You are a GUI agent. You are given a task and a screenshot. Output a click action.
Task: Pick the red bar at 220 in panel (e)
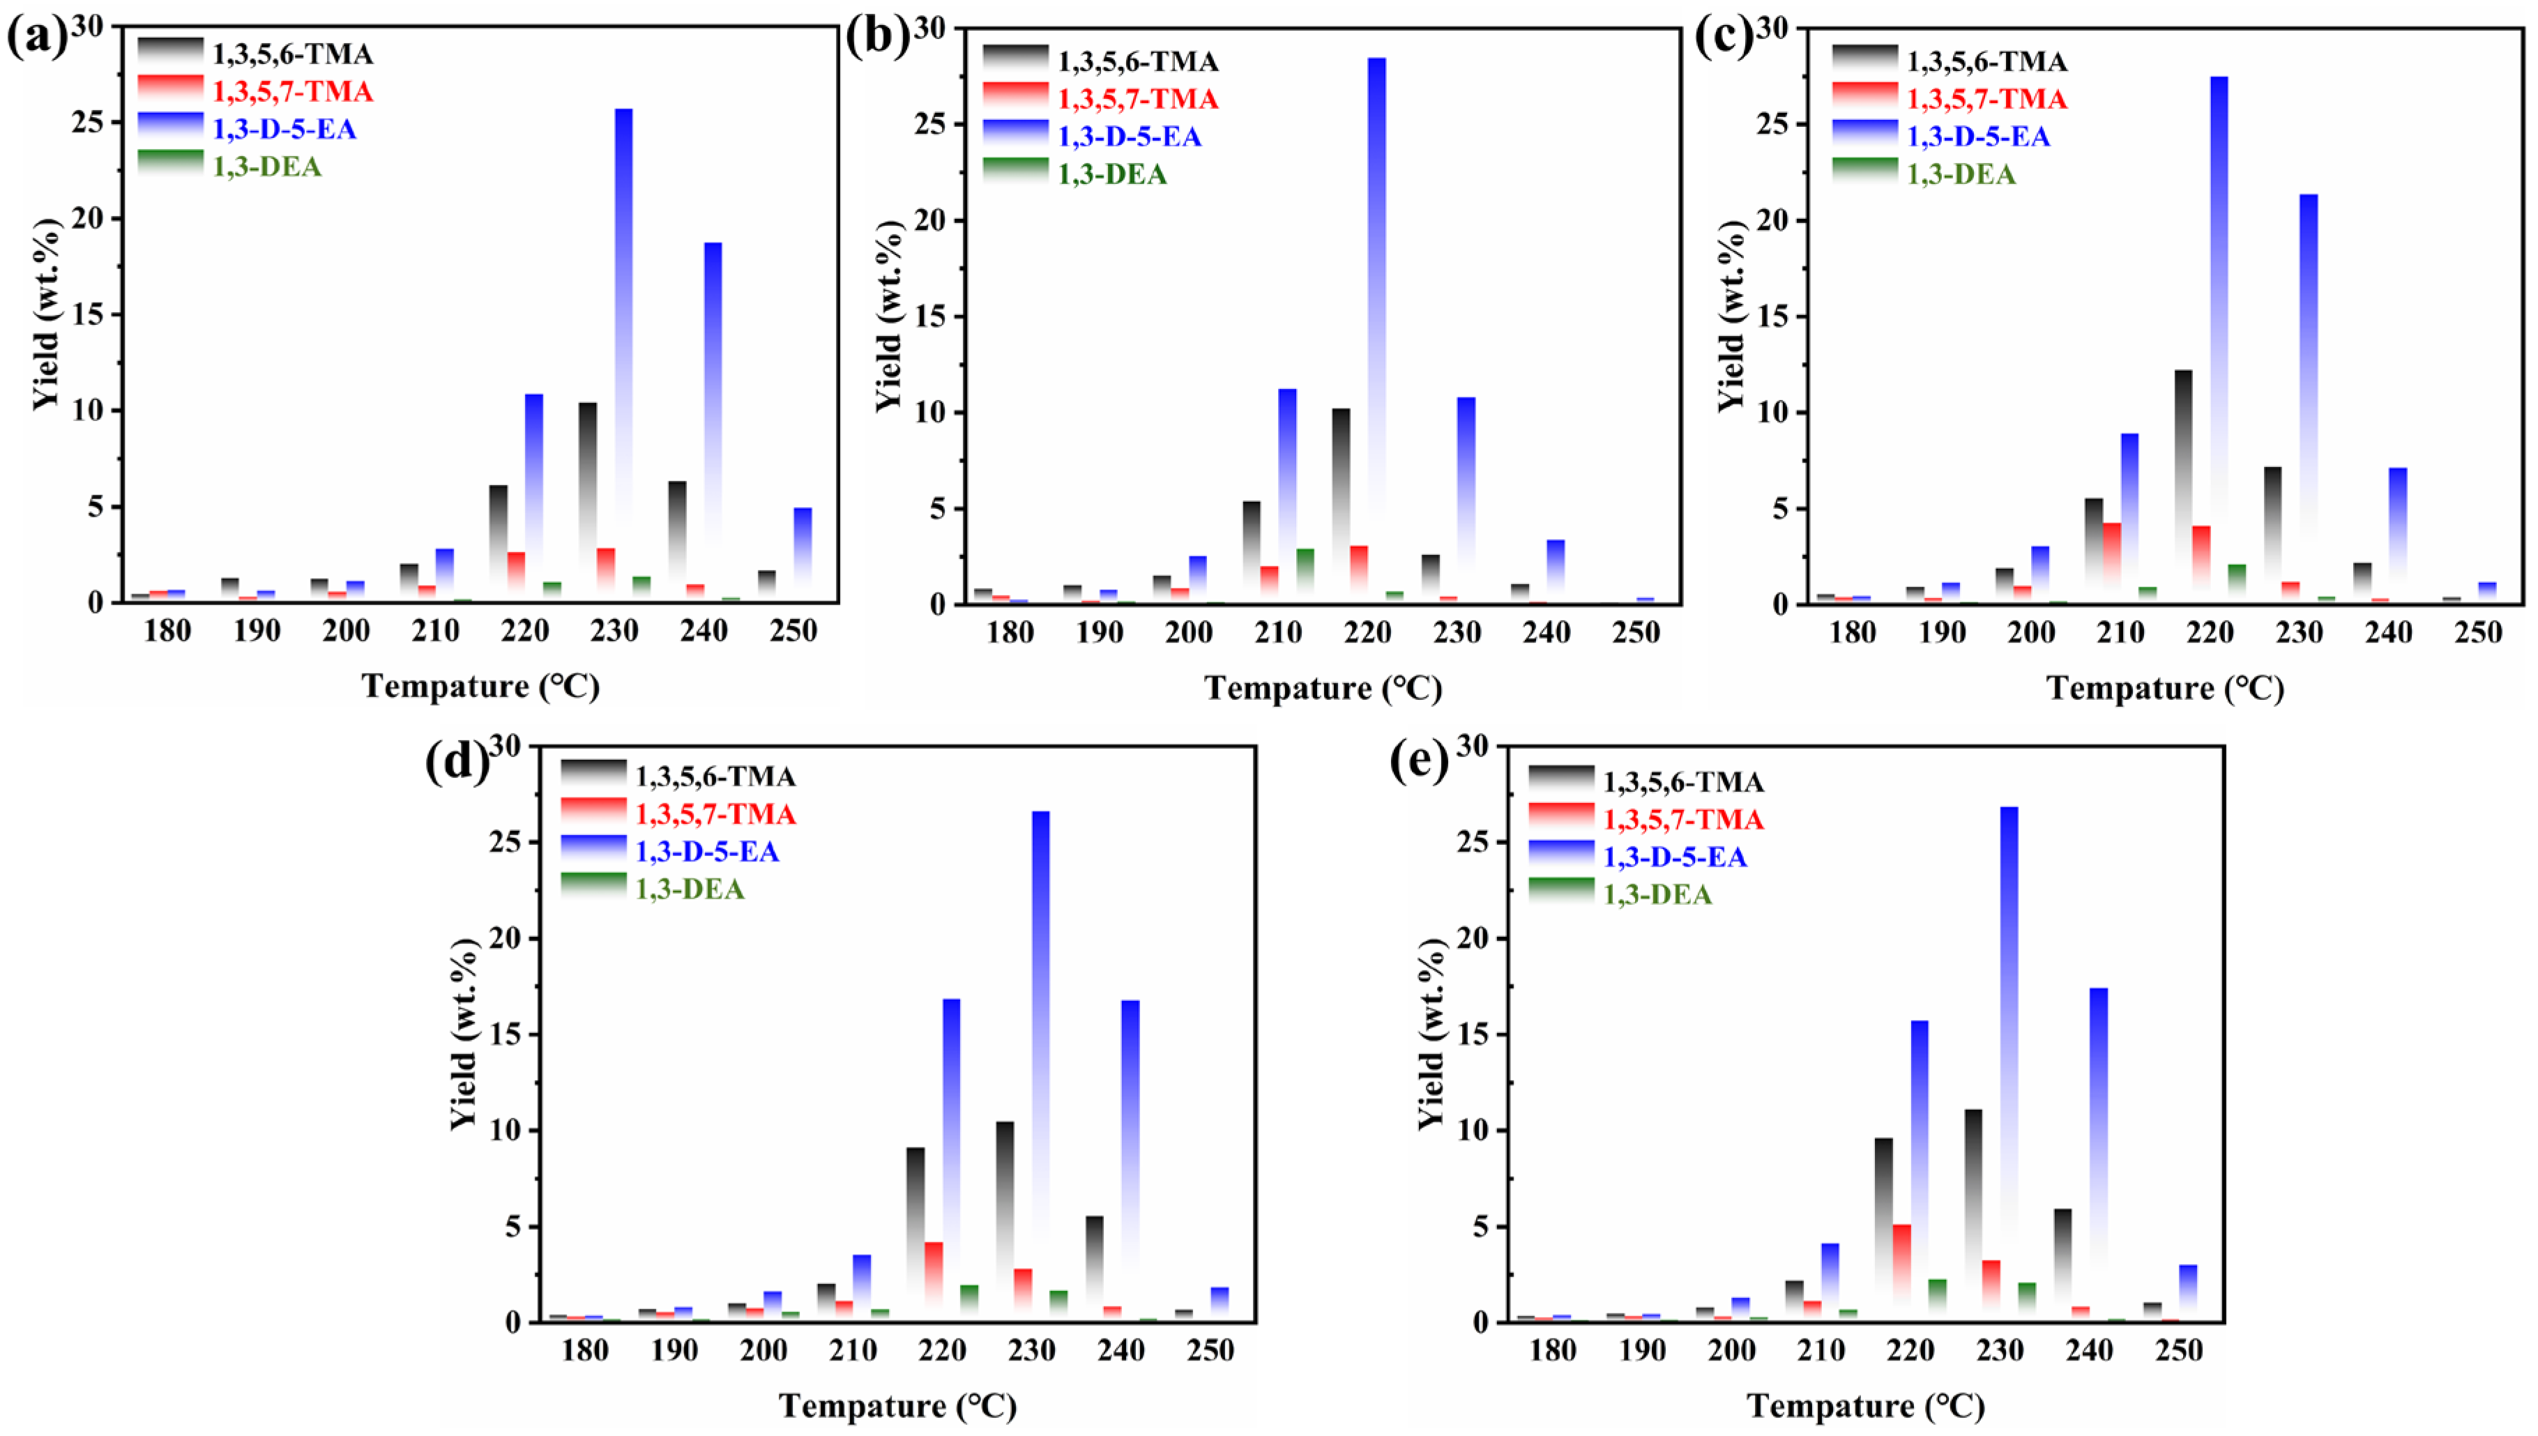click(x=1902, y=1272)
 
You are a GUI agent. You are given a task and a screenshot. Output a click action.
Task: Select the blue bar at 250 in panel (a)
click(x=803, y=552)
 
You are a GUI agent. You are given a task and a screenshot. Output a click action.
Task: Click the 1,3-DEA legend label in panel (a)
click(x=267, y=167)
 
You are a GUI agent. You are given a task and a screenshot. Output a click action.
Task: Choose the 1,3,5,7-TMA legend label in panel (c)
click(x=1986, y=98)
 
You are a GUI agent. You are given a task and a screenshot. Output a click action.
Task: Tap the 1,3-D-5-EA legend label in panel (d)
click(x=707, y=851)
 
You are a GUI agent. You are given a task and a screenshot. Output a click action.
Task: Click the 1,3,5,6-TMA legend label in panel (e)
click(x=1682, y=782)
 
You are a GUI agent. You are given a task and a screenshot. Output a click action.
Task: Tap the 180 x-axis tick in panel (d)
click(x=585, y=1350)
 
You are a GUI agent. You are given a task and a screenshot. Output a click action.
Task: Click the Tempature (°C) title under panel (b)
click(x=1323, y=689)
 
